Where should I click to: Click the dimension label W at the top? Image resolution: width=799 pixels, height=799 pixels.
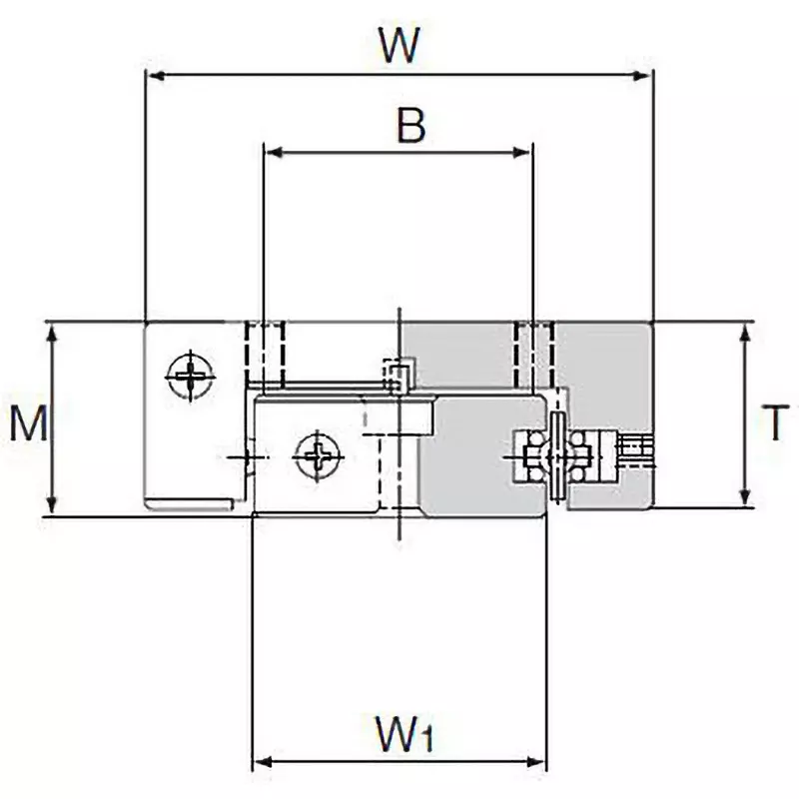[x=399, y=44]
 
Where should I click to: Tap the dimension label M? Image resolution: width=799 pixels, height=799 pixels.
[x=29, y=424]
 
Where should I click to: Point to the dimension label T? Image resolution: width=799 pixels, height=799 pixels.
[x=774, y=421]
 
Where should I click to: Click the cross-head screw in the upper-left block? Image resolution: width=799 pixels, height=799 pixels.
[x=190, y=377]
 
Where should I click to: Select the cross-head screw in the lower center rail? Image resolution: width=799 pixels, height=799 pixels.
[x=318, y=457]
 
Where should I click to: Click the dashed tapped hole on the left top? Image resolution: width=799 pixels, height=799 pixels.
[x=265, y=355]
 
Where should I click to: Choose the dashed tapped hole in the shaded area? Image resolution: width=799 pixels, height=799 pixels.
[x=532, y=355]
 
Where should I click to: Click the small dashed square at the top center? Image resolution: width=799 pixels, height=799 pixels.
[x=399, y=377]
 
